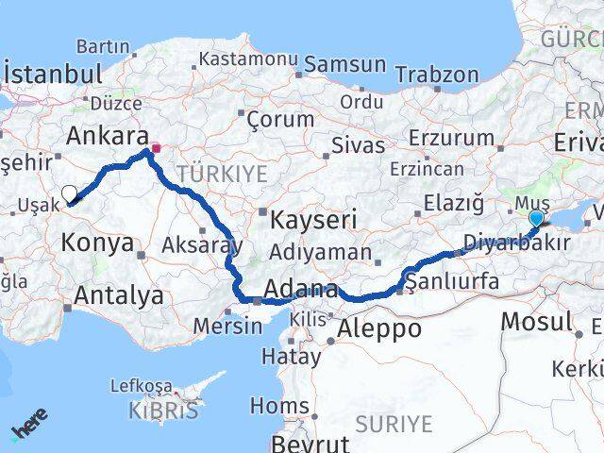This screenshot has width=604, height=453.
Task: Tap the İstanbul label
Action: (53, 75)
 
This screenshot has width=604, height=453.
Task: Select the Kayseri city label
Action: (313, 221)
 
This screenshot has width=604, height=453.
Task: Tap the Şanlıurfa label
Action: (443, 280)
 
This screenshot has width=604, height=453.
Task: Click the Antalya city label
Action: (118, 295)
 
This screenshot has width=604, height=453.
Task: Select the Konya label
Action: (97, 243)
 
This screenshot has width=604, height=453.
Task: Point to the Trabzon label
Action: (437, 75)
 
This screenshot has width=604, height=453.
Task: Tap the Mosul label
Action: (536, 321)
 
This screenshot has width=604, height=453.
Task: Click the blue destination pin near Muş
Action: (536, 219)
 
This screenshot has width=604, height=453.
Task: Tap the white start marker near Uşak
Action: (69, 194)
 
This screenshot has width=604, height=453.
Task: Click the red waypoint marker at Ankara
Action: (156, 147)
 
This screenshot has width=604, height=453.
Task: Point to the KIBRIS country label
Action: (167, 411)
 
